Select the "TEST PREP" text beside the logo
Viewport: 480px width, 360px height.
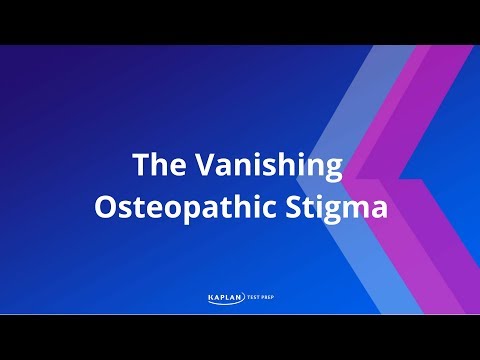click(262, 296)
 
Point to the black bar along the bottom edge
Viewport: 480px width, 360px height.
click(240, 337)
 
